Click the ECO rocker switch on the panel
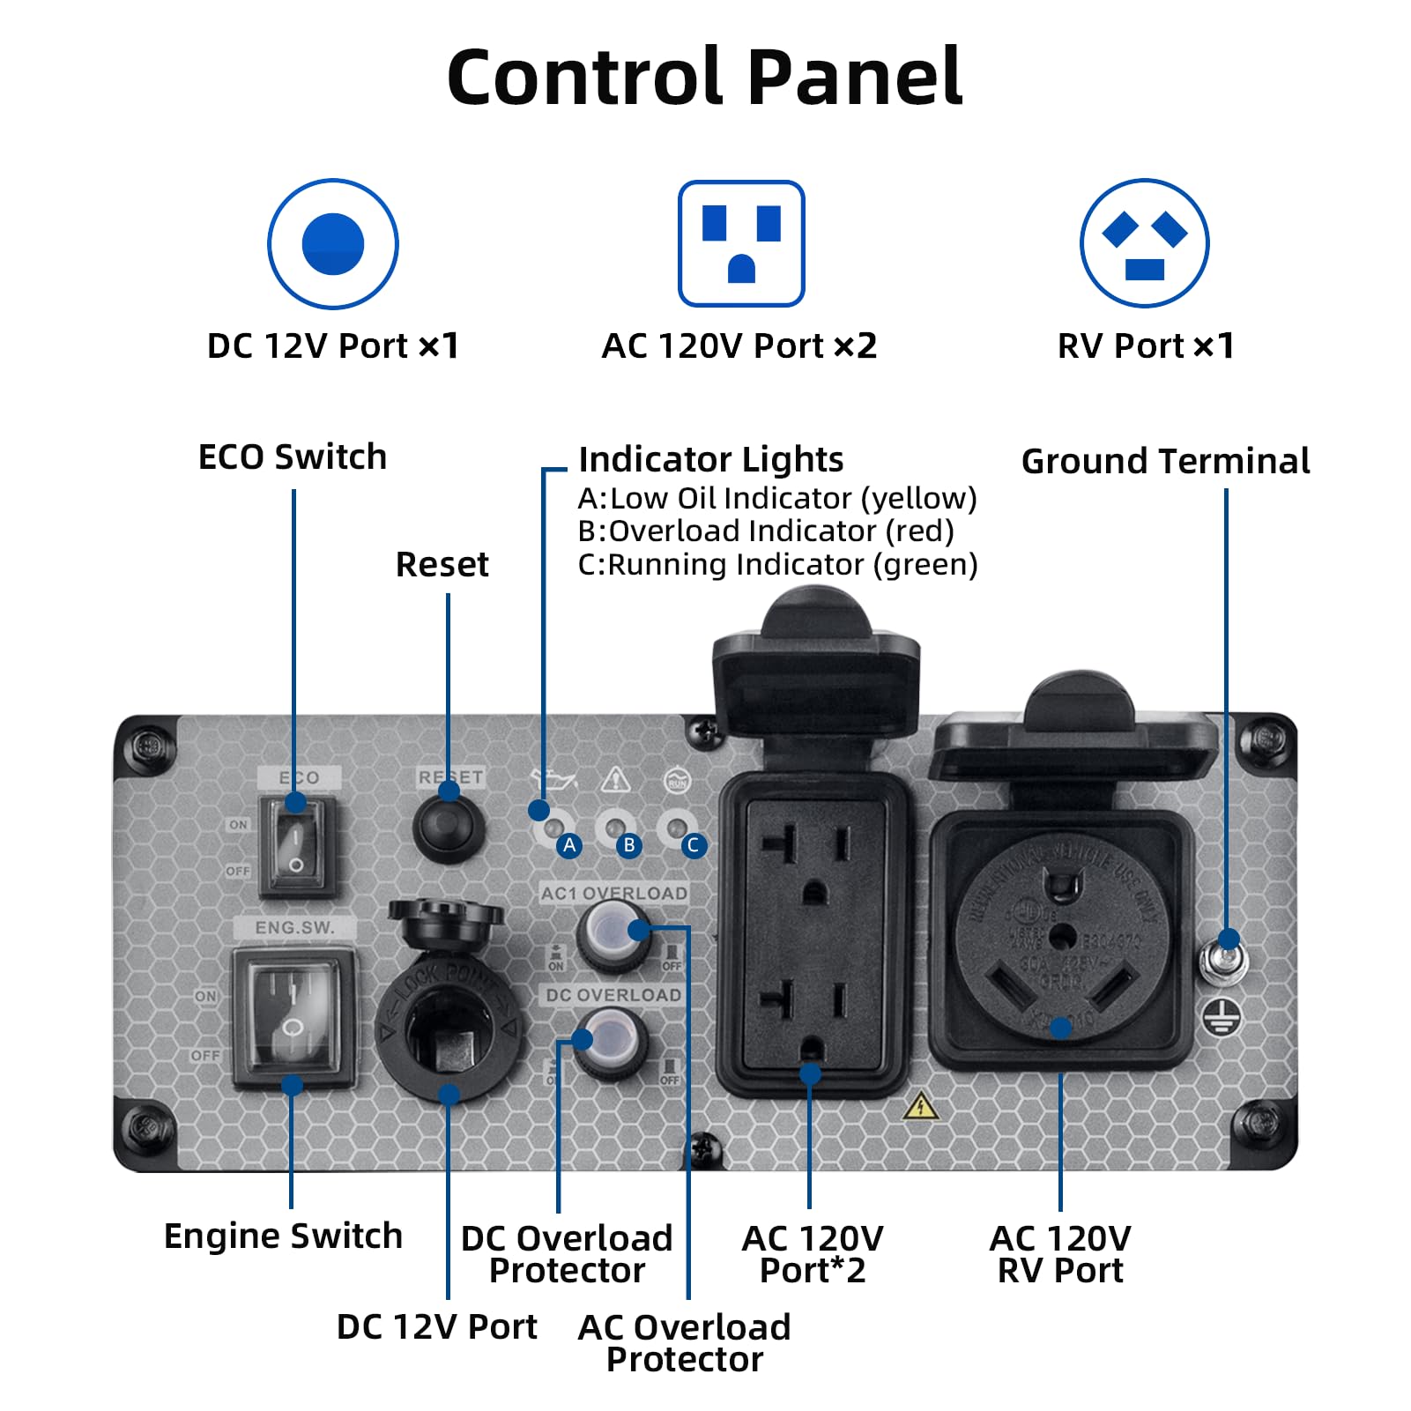297,845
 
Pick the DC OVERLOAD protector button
610,1042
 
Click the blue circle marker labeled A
569,845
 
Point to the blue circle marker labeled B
629,845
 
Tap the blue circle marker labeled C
693,845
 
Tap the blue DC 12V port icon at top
333,244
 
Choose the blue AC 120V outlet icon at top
741,244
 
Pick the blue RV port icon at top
1145,244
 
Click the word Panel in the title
855,78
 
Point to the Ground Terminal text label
1165,461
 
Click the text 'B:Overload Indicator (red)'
766,531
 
